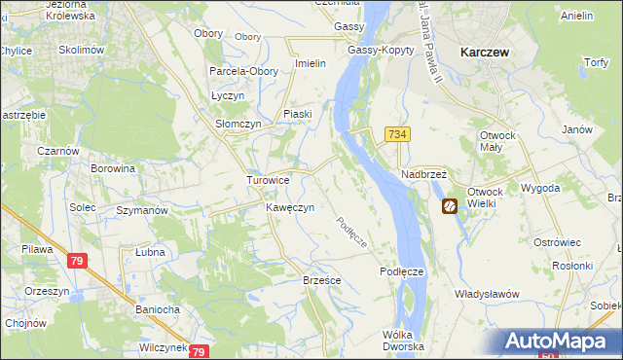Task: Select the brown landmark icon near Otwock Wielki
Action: click(450, 206)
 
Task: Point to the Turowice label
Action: click(267, 181)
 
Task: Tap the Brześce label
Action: click(321, 279)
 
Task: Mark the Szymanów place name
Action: click(142, 210)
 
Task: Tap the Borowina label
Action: click(113, 168)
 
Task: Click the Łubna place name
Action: click(148, 252)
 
